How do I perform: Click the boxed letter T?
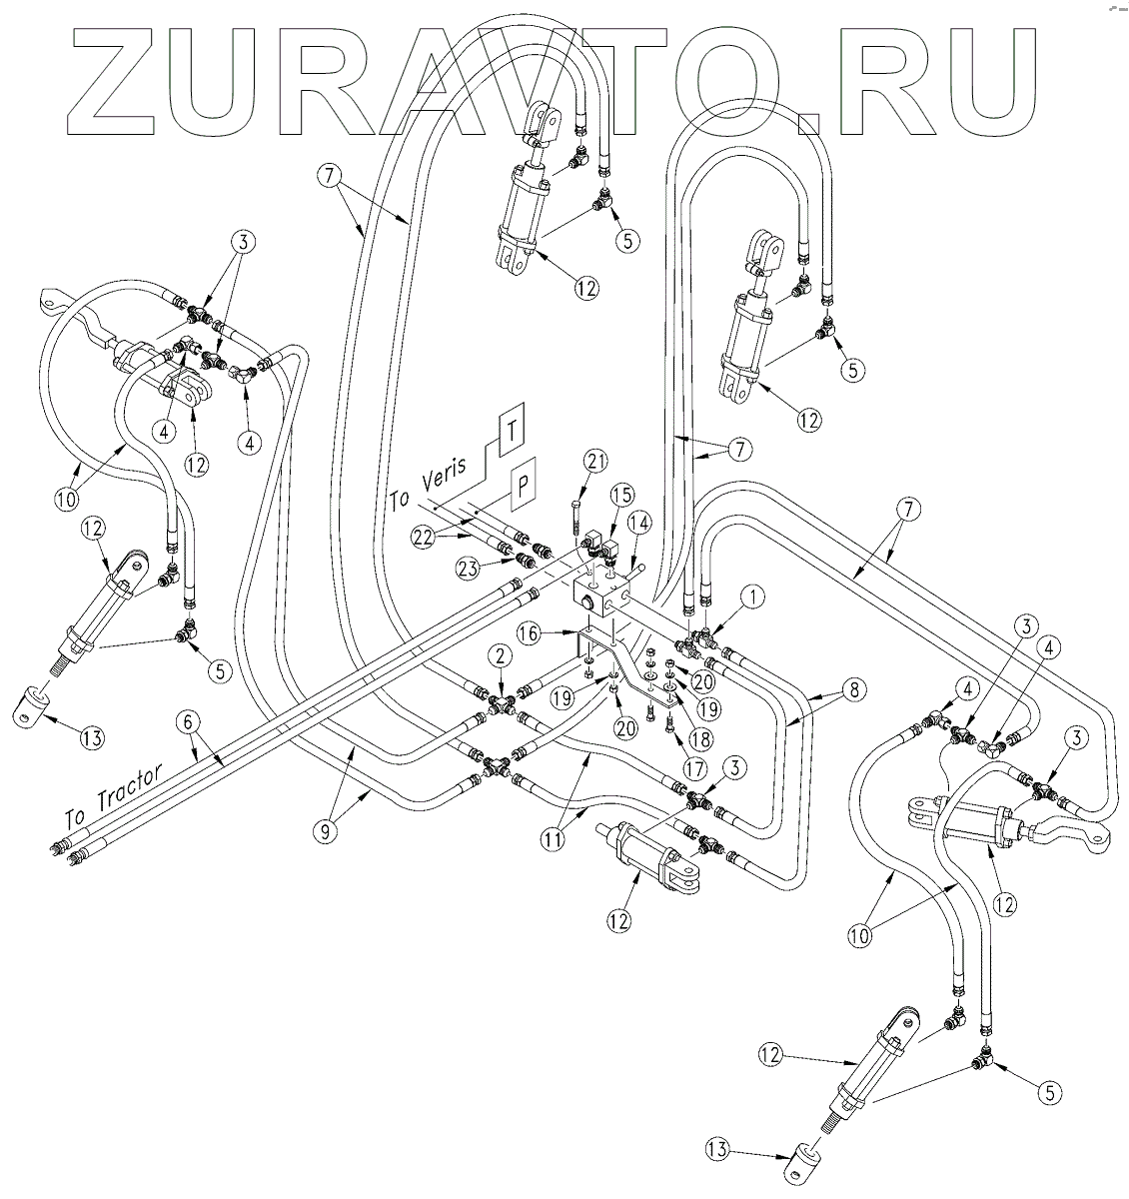point(511,432)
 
